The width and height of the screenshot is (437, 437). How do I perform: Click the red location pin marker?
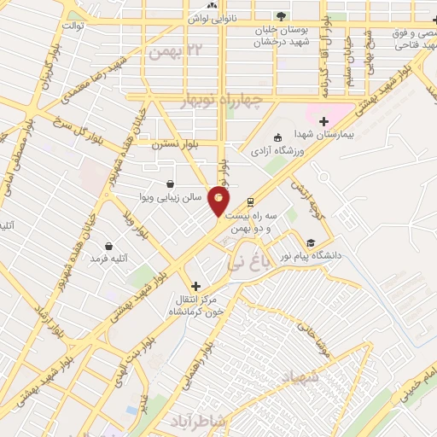(x=219, y=201)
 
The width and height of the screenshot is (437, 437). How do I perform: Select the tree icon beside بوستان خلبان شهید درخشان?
(x=281, y=16)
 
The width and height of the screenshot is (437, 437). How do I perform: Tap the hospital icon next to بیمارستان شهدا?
(x=323, y=121)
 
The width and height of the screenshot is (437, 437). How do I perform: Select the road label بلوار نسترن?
(x=175, y=145)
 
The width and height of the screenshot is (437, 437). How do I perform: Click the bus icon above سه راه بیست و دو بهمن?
(x=250, y=202)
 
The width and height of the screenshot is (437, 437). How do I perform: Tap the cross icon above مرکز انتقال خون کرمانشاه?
(x=196, y=286)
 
